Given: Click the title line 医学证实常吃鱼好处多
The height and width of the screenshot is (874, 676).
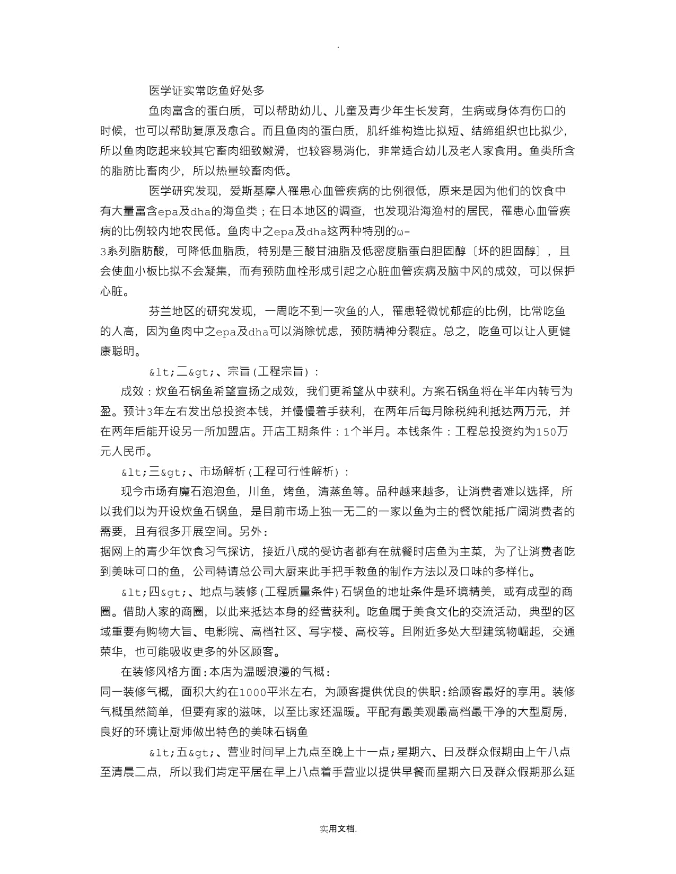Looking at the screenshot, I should [x=207, y=91].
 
